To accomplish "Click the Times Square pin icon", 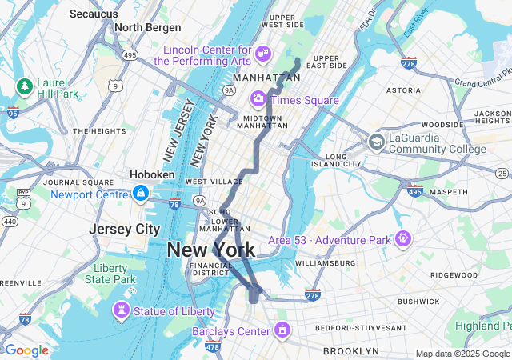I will pyautogui.click(x=258, y=99).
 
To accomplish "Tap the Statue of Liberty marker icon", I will pyautogui.click(x=122, y=310).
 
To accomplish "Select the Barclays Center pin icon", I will pyautogui.click(x=282, y=330).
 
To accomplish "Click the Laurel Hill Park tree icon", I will pyautogui.click(x=24, y=86).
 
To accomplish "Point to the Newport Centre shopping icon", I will pyautogui.click(x=141, y=193).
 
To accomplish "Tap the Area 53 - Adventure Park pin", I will pyautogui.click(x=402, y=238).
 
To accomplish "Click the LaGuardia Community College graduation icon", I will pyautogui.click(x=376, y=142).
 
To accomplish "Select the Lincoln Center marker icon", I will pyautogui.click(x=263, y=54).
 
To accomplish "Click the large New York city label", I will pyautogui.click(x=211, y=250).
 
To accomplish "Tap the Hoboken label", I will pyautogui.click(x=152, y=174).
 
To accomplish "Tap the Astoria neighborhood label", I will pyautogui.click(x=403, y=90).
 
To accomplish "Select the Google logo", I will pyautogui.click(x=26, y=350).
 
